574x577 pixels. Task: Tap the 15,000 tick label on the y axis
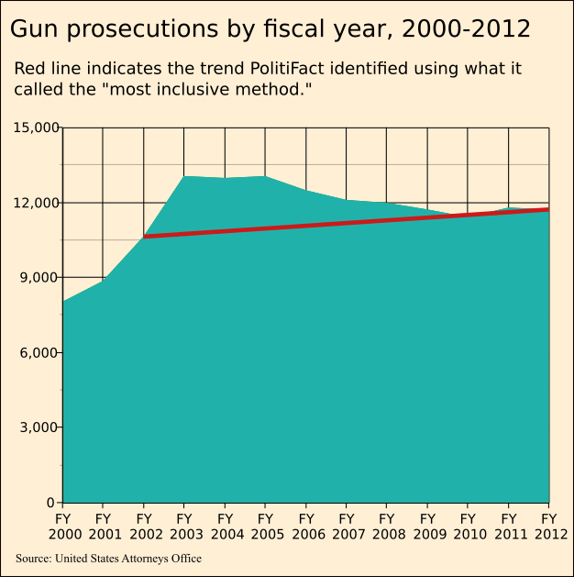click(36, 128)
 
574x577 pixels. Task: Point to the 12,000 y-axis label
click(36, 203)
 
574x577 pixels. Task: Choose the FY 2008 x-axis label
click(386, 526)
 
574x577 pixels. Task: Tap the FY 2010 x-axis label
click(468, 526)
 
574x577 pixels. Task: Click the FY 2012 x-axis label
click(548, 526)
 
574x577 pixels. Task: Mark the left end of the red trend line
click(145, 237)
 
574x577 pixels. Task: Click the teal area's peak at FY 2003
click(184, 176)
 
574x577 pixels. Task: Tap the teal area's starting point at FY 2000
click(63, 301)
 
